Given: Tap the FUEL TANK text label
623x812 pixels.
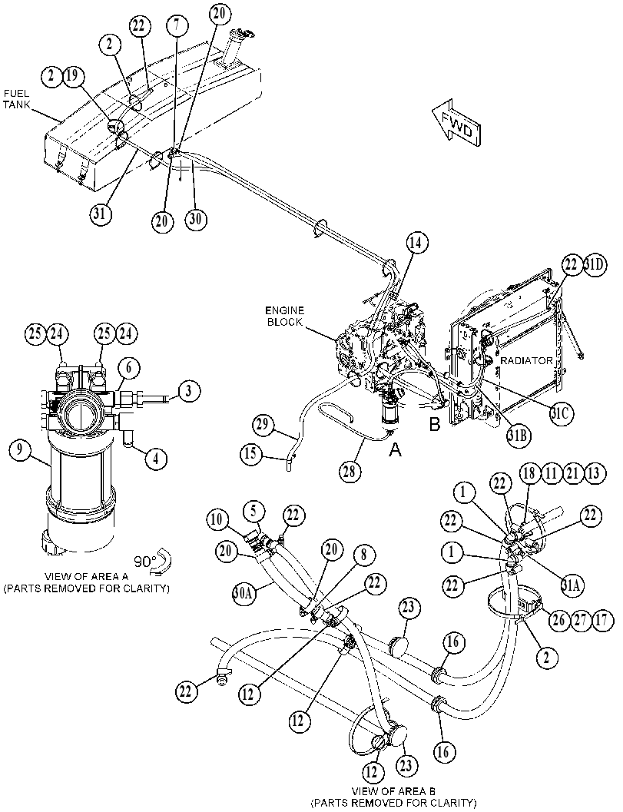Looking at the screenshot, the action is (17, 99).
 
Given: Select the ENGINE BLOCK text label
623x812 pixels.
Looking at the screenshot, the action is (285, 317).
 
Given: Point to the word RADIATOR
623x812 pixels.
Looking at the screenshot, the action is (525, 360).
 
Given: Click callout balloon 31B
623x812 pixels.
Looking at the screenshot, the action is (519, 436).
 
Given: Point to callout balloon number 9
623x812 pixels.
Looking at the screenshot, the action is (20, 449).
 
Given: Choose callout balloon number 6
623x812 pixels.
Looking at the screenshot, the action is (130, 368).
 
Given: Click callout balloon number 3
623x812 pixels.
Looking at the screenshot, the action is (190, 390).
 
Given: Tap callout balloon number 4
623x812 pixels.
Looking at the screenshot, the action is (156, 458).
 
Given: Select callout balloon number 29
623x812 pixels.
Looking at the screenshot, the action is (264, 426).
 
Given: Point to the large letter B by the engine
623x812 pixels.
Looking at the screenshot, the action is (434, 425).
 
